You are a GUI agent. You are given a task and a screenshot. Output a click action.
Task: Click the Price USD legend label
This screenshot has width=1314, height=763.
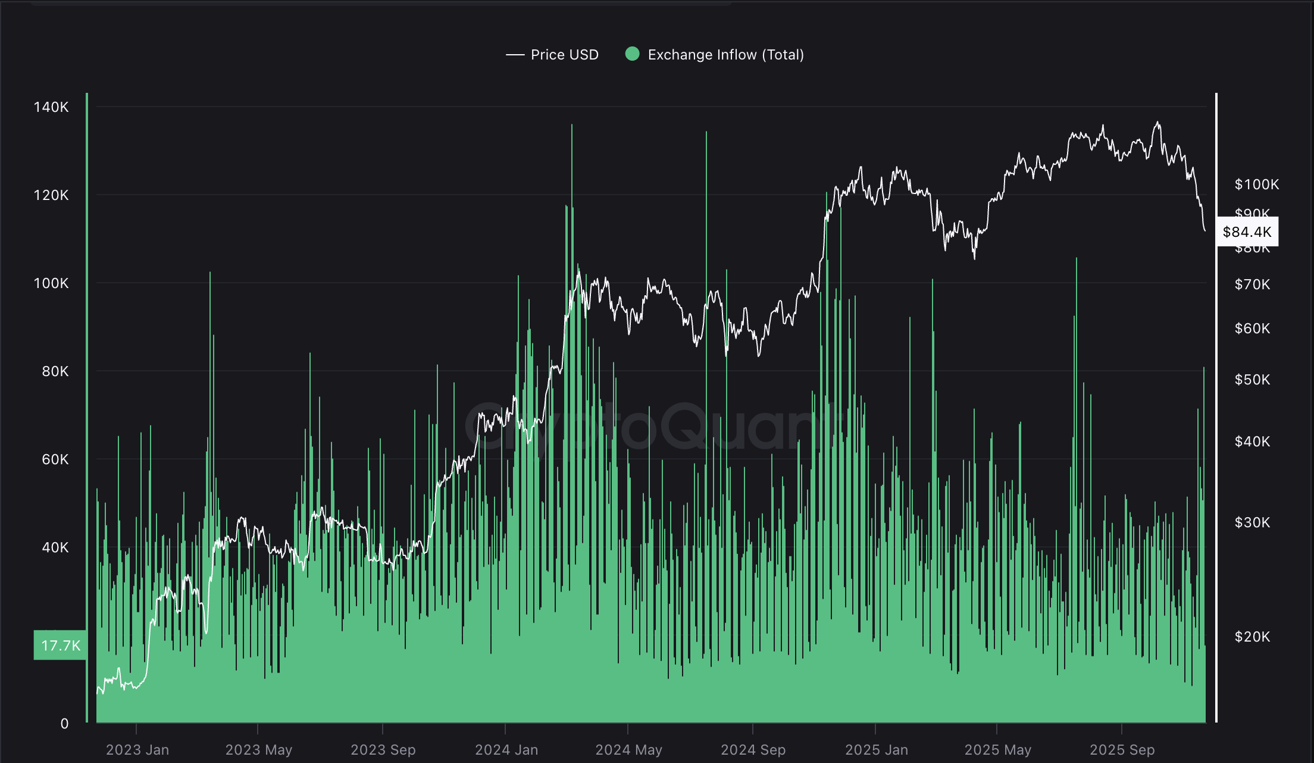click(x=564, y=55)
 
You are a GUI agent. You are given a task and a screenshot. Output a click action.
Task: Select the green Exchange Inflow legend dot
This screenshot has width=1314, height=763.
click(x=632, y=54)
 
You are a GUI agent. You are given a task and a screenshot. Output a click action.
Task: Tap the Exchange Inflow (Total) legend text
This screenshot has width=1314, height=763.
click(x=725, y=55)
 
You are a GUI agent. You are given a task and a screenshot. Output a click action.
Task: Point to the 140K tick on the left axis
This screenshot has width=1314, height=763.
click(x=51, y=107)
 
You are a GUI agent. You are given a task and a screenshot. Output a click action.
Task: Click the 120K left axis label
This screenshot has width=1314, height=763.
click(x=51, y=195)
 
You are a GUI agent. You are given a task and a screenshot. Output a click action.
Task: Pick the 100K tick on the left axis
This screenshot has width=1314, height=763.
click(x=51, y=283)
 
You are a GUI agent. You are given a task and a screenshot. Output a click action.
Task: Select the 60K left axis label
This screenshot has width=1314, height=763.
click(x=55, y=459)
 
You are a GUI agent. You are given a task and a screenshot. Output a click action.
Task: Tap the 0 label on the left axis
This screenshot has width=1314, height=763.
click(x=64, y=724)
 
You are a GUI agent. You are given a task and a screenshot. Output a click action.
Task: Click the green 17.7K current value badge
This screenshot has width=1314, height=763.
click(x=60, y=646)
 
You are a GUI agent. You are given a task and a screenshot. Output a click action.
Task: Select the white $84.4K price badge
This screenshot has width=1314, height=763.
click(x=1247, y=232)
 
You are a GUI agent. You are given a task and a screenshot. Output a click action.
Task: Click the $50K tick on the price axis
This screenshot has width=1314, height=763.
click(x=1252, y=380)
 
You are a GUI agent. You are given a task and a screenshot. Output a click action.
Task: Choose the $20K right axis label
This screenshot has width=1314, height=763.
click(x=1252, y=637)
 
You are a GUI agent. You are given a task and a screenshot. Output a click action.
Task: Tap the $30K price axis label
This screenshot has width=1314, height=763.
click(x=1252, y=523)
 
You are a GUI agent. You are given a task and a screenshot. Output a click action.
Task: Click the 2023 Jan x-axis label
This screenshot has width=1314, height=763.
click(x=137, y=750)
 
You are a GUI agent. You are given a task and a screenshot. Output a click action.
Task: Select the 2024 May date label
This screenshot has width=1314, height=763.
click(x=628, y=750)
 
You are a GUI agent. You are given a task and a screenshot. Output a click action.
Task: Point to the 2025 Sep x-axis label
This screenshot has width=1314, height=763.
click(x=1122, y=750)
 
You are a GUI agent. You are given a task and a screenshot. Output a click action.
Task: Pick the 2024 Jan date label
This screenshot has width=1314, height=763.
click(x=506, y=750)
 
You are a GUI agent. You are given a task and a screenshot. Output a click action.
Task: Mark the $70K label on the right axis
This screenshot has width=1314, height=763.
click(x=1252, y=284)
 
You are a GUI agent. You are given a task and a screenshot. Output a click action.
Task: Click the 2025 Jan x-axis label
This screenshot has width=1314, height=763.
click(x=877, y=750)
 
